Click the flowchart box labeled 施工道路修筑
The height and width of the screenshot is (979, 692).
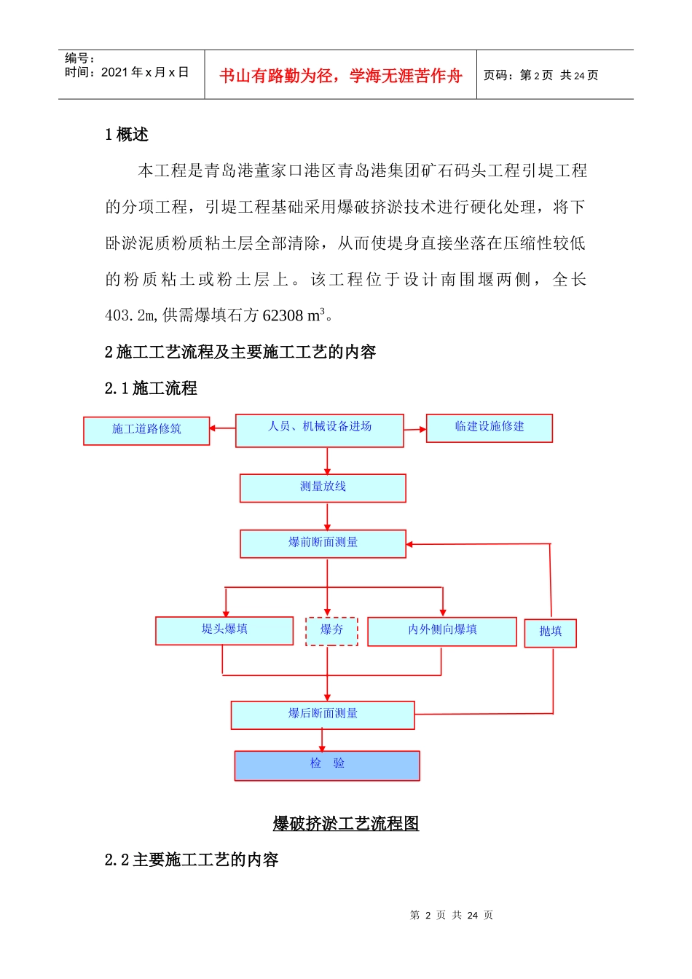click(x=146, y=430)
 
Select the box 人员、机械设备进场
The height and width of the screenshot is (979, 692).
click(x=319, y=430)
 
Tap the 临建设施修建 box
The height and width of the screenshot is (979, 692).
click(x=489, y=428)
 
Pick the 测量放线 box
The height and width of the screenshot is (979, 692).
click(x=323, y=487)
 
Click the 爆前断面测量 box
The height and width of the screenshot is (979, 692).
click(x=323, y=543)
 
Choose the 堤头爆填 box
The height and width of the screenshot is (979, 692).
click(x=224, y=630)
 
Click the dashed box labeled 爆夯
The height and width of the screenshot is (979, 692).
click(x=331, y=631)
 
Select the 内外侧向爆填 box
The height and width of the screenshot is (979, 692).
click(x=442, y=631)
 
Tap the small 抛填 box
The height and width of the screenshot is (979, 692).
click(x=551, y=632)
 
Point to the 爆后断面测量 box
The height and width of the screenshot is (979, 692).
click(x=323, y=715)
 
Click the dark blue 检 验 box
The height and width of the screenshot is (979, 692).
click(x=327, y=765)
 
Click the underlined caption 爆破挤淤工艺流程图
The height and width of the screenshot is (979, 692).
click(x=346, y=823)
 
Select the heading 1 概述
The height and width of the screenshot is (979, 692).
click(x=127, y=135)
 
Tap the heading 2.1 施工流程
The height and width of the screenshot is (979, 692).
click(x=151, y=388)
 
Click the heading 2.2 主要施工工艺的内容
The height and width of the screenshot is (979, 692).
click(x=192, y=860)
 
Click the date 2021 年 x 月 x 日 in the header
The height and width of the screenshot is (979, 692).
click(x=144, y=72)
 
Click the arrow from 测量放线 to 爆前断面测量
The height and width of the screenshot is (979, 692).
click(x=327, y=516)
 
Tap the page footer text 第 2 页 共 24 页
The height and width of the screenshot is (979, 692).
click(x=452, y=915)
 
